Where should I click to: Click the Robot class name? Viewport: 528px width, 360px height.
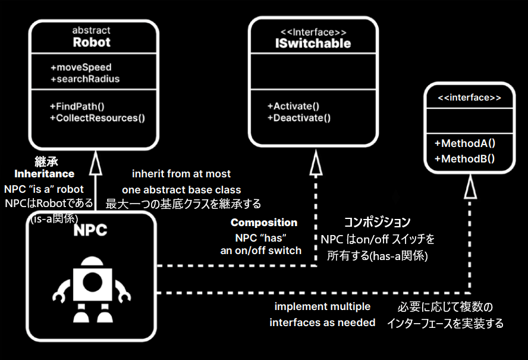pos(92,42)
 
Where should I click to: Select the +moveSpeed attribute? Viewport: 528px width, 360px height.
pos(81,67)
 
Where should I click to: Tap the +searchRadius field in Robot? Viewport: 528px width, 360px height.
pos(85,79)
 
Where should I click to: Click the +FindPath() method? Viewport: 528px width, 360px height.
pos(77,106)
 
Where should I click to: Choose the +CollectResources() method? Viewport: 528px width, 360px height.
pos(98,117)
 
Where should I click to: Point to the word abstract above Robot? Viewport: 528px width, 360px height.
pos(92,30)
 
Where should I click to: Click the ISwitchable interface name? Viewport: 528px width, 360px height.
pos(313,43)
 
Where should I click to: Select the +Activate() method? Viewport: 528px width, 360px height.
pos(294,106)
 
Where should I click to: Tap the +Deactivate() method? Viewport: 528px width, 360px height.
pos(299,117)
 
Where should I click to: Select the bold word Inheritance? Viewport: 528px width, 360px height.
pos(45,174)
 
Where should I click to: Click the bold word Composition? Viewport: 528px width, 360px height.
pos(264,223)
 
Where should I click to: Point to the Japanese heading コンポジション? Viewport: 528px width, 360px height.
pos(378,223)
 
